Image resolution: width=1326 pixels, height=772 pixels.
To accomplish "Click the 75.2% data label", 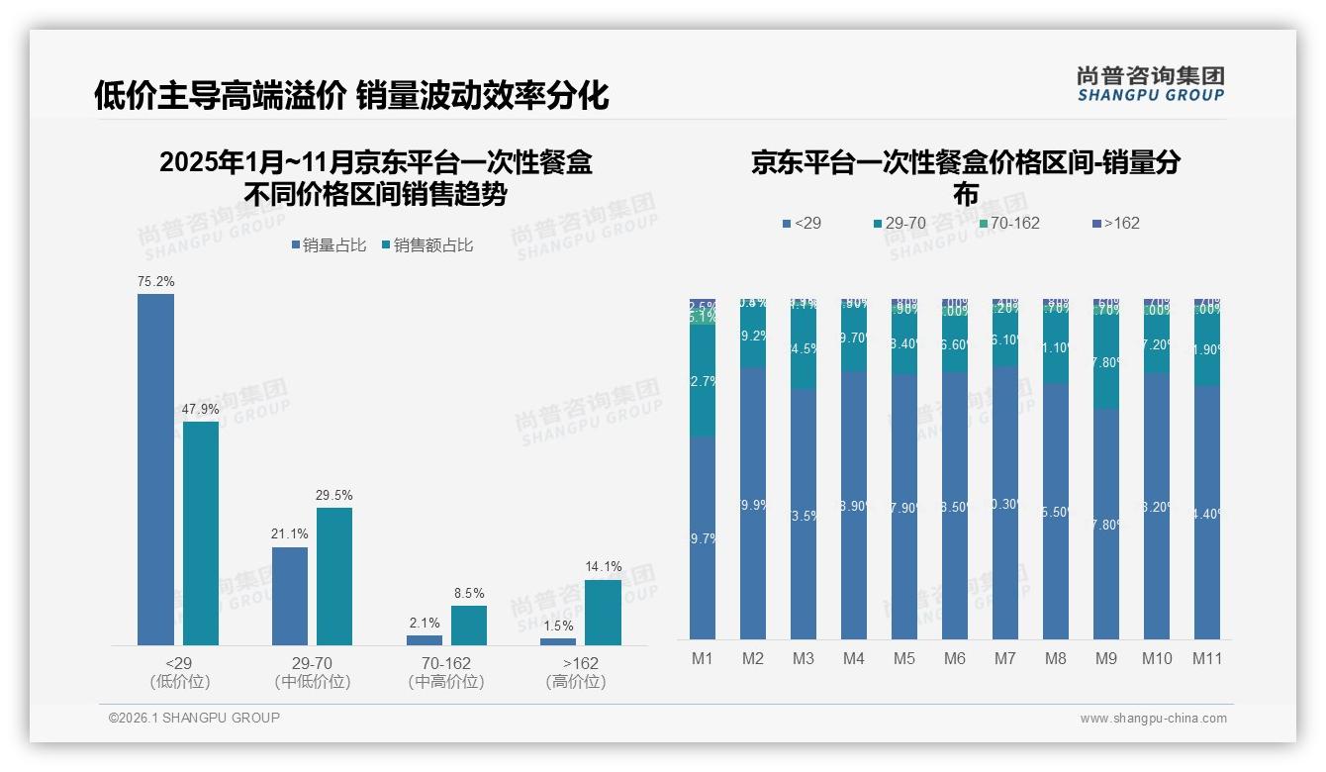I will pos(156,282).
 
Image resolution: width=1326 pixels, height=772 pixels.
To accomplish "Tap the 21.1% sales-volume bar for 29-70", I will pos(290,596).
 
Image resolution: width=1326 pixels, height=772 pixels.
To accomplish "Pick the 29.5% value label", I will pos(334,495).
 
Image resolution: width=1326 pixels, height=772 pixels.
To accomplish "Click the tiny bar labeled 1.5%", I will pos(558,642).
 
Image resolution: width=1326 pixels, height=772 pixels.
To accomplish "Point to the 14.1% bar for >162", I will pos(603,613).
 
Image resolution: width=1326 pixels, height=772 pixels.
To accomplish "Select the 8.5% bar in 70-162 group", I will pos(469,626).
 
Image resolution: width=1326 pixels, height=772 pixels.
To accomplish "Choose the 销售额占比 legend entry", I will pos(426,245).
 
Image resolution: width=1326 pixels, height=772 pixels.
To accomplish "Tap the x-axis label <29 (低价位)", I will pos(179,672).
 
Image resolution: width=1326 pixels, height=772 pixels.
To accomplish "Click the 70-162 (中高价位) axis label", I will pos(445,672).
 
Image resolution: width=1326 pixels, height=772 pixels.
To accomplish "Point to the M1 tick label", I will pos(702,659).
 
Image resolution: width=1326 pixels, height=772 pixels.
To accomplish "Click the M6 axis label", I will pos(954,659).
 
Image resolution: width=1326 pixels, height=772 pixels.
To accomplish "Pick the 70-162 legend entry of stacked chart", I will pos(1009,224).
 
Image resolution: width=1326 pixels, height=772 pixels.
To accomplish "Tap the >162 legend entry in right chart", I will pos(1115,224).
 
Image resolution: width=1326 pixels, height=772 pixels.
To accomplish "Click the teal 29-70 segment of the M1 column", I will pos(703,381).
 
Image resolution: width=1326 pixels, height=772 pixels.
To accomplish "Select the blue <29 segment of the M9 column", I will pos(1105,524).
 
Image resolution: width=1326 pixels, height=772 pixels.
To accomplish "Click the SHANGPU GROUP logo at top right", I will pos(1150,84).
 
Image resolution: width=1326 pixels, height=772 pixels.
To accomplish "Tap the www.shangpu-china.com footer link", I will pos(1153,719).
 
